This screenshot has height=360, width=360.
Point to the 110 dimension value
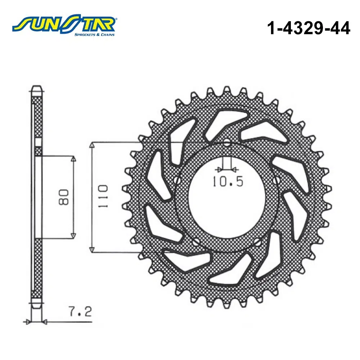tap(101, 196)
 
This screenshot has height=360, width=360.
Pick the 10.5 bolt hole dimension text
tap(228, 181)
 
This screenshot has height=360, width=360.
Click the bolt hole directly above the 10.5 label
tap(226, 143)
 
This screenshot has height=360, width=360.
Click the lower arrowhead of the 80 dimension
tap(73, 235)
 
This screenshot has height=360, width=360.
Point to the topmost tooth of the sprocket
tap(227, 89)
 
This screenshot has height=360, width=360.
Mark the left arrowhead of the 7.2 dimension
tap(26, 321)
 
